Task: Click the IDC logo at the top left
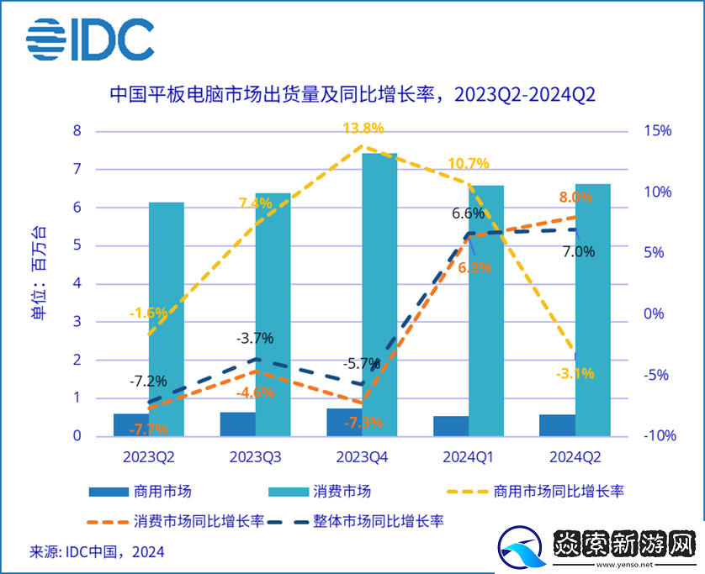(x=90, y=39)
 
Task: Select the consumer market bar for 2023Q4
(x=379, y=294)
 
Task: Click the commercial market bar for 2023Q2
(x=131, y=425)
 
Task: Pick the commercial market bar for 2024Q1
(x=451, y=426)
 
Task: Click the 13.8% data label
(x=363, y=129)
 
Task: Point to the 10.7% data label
(x=469, y=163)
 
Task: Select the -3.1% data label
(x=575, y=373)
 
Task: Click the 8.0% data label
(x=575, y=197)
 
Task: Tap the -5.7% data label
(x=362, y=364)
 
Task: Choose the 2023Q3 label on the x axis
(x=256, y=457)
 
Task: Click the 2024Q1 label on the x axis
(x=469, y=457)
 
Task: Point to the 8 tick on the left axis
(x=77, y=131)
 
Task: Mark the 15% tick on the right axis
(x=657, y=131)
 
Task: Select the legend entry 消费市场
(x=320, y=491)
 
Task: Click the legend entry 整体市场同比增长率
(x=374, y=521)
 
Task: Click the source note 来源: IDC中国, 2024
(x=98, y=552)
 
